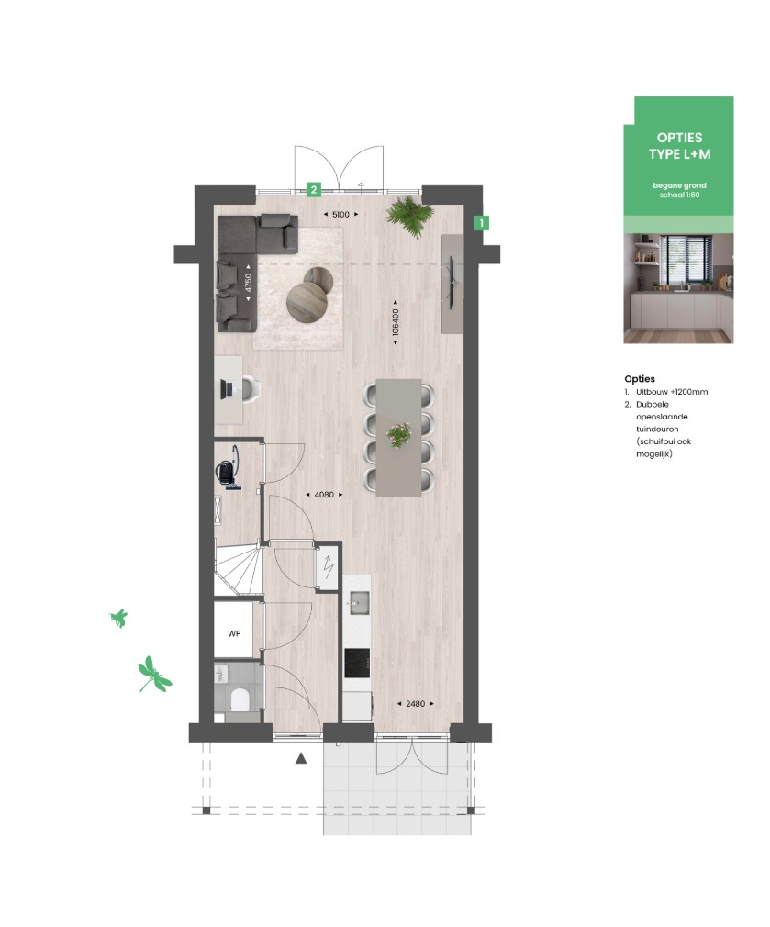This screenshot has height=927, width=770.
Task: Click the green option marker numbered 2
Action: click(x=313, y=190)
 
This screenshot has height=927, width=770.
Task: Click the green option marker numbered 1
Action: click(x=482, y=223)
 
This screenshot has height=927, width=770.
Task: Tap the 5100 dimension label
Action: click(x=340, y=215)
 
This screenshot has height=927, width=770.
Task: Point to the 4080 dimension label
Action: click(x=324, y=494)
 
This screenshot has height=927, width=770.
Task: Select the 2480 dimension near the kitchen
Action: click(x=416, y=704)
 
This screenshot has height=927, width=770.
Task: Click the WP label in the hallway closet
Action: click(x=234, y=634)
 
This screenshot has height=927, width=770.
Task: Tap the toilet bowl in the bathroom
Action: click(x=240, y=700)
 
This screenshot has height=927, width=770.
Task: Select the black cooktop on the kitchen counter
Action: click(x=357, y=664)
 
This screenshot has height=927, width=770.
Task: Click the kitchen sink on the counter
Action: click(x=359, y=603)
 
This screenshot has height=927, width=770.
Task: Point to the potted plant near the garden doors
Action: click(x=409, y=216)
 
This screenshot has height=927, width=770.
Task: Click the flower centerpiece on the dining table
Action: click(x=399, y=434)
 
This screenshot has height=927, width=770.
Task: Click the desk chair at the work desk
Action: click(x=250, y=388)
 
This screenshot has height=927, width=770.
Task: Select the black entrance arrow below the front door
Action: click(x=301, y=757)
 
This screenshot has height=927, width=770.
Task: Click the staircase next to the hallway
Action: click(x=238, y=571)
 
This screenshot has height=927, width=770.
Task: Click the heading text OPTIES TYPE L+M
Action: click(x=679, y=146)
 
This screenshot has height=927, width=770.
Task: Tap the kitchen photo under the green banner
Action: click(x=678, y=288)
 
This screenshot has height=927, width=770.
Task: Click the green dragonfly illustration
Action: click(x=154, y=674)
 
